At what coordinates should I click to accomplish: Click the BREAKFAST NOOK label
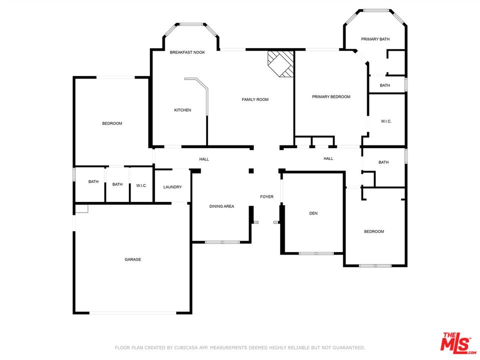click(x=187, y=52)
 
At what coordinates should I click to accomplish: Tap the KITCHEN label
click(x=183, y=110)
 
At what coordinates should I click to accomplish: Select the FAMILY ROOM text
click(x=255, y=99)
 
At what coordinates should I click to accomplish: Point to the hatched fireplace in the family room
click(x=280, y=64)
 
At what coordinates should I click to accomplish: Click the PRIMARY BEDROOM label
click(x=331, y=96)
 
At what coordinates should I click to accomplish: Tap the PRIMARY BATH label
click(x=375, y=39)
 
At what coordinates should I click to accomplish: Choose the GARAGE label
click(x=133, y=259)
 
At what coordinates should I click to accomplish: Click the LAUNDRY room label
click(x=172, y=187)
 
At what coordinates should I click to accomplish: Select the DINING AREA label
click(x=221, y=206)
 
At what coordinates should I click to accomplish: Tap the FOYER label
click(x=267, y=196)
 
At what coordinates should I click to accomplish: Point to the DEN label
click(x=313, y=213)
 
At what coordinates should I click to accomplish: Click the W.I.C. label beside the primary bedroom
click(x=386, y=121)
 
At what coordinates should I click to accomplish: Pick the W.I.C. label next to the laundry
click(x=141, y=185)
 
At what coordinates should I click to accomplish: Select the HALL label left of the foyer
click(x=204, y=159)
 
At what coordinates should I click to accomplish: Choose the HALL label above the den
click(x=328, y=158)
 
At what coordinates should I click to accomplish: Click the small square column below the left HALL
click(x=251, y=171)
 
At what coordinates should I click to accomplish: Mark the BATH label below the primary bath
click(x=385, y=85)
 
